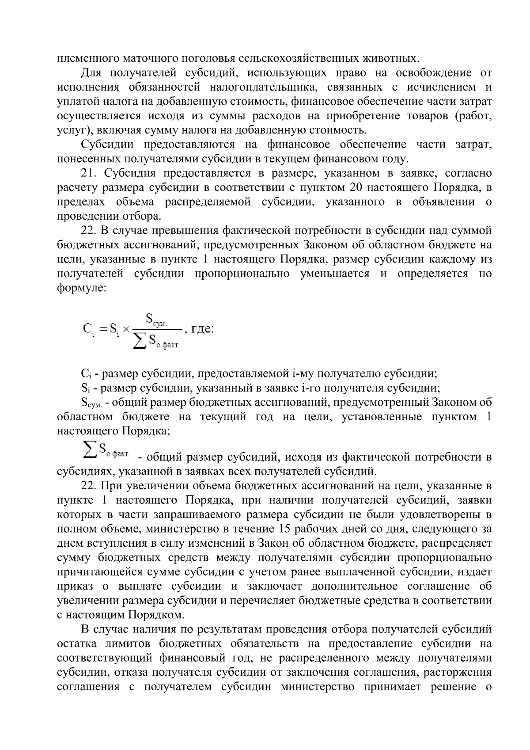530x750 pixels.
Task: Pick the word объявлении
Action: click(446, 202)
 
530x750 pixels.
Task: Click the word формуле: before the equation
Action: click(82, 288)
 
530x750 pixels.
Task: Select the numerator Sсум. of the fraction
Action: click(156, 319)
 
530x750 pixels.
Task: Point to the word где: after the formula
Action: click(202, 329)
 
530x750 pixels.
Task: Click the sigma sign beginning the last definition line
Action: click(90, 451)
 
